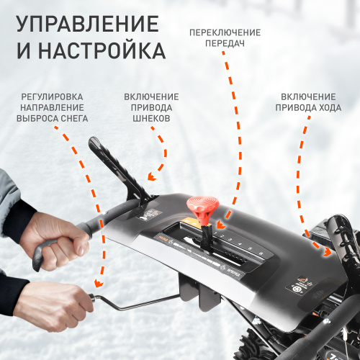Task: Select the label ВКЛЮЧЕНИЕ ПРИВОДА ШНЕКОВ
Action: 151,107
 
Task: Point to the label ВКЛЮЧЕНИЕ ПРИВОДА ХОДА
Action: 307,102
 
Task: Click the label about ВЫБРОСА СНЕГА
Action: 51,107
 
